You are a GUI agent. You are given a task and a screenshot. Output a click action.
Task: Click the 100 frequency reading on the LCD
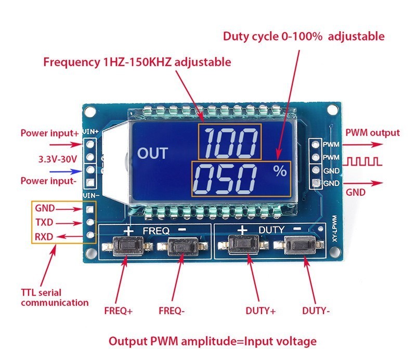230,142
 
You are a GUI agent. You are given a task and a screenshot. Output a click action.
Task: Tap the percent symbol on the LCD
280,170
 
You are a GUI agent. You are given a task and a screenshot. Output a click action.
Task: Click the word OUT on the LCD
153,153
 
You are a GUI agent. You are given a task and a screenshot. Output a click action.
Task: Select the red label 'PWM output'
373,133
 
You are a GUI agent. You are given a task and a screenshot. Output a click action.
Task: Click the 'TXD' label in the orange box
43,222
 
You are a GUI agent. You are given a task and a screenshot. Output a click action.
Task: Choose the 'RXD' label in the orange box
43,237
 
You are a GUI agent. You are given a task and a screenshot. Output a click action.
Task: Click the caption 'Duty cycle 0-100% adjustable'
304,36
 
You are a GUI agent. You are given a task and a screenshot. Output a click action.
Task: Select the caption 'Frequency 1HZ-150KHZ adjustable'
137,62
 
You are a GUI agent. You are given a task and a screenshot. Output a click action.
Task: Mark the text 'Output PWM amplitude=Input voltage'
212,341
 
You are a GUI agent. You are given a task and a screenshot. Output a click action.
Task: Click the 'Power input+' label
49,133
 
